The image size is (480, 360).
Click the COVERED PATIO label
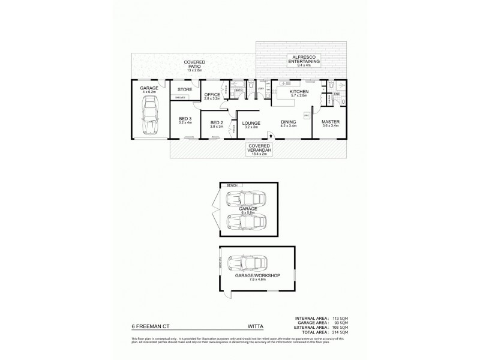tap(196, 62)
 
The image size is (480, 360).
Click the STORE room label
tap(184, 90)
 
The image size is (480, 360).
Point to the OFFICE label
tap(212, 95)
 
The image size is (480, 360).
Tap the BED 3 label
tap(185, 119)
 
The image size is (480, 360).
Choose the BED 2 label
tap(217, 124)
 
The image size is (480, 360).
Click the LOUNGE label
tap(250, 124)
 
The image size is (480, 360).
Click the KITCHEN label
tap(298, 92)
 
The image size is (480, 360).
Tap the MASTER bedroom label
tap(331, 123)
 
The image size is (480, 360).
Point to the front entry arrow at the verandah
tap(270, 137)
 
